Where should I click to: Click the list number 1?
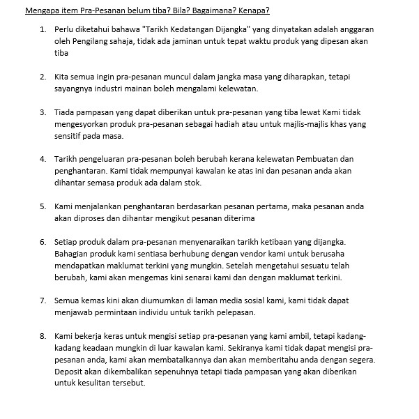tap(43, 30)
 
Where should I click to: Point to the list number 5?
tap(43, 206)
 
